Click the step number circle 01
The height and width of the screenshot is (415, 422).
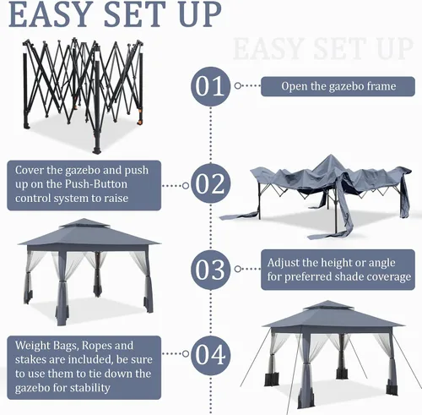210,86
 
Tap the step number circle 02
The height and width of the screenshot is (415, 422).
210,183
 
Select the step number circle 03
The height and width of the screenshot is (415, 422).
210,270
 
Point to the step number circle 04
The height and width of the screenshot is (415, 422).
210,355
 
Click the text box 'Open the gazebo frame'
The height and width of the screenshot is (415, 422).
338,86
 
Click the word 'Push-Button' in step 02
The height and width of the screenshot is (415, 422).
96,184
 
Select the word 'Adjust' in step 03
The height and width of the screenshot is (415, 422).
284,263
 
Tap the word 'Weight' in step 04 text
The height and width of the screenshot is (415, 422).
31,346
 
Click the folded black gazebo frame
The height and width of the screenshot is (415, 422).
84,95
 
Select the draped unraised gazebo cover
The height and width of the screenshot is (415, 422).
316,197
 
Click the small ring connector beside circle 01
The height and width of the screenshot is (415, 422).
238,85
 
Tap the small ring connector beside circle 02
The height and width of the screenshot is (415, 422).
186,186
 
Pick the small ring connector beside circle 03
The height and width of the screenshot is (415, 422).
238,269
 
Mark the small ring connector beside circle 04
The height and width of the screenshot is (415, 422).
186,353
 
